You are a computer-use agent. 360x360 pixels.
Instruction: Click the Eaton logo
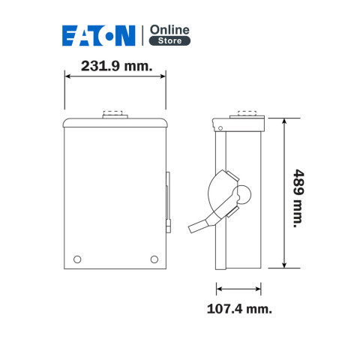click(99, 35)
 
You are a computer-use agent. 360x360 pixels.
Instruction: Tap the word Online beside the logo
click(169, 30)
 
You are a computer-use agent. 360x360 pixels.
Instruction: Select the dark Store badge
click(169, 40)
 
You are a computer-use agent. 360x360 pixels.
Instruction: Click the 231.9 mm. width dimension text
click(117, 66)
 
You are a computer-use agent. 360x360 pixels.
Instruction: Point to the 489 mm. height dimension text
click(298, 199)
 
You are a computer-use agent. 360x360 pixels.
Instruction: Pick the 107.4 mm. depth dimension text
click(239, 309)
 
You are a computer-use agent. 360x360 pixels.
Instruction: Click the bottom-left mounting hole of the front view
click(77, 259)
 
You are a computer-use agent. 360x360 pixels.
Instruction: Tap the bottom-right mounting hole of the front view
click(154, 259)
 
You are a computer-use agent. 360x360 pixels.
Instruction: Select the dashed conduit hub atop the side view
click(247, 112)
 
